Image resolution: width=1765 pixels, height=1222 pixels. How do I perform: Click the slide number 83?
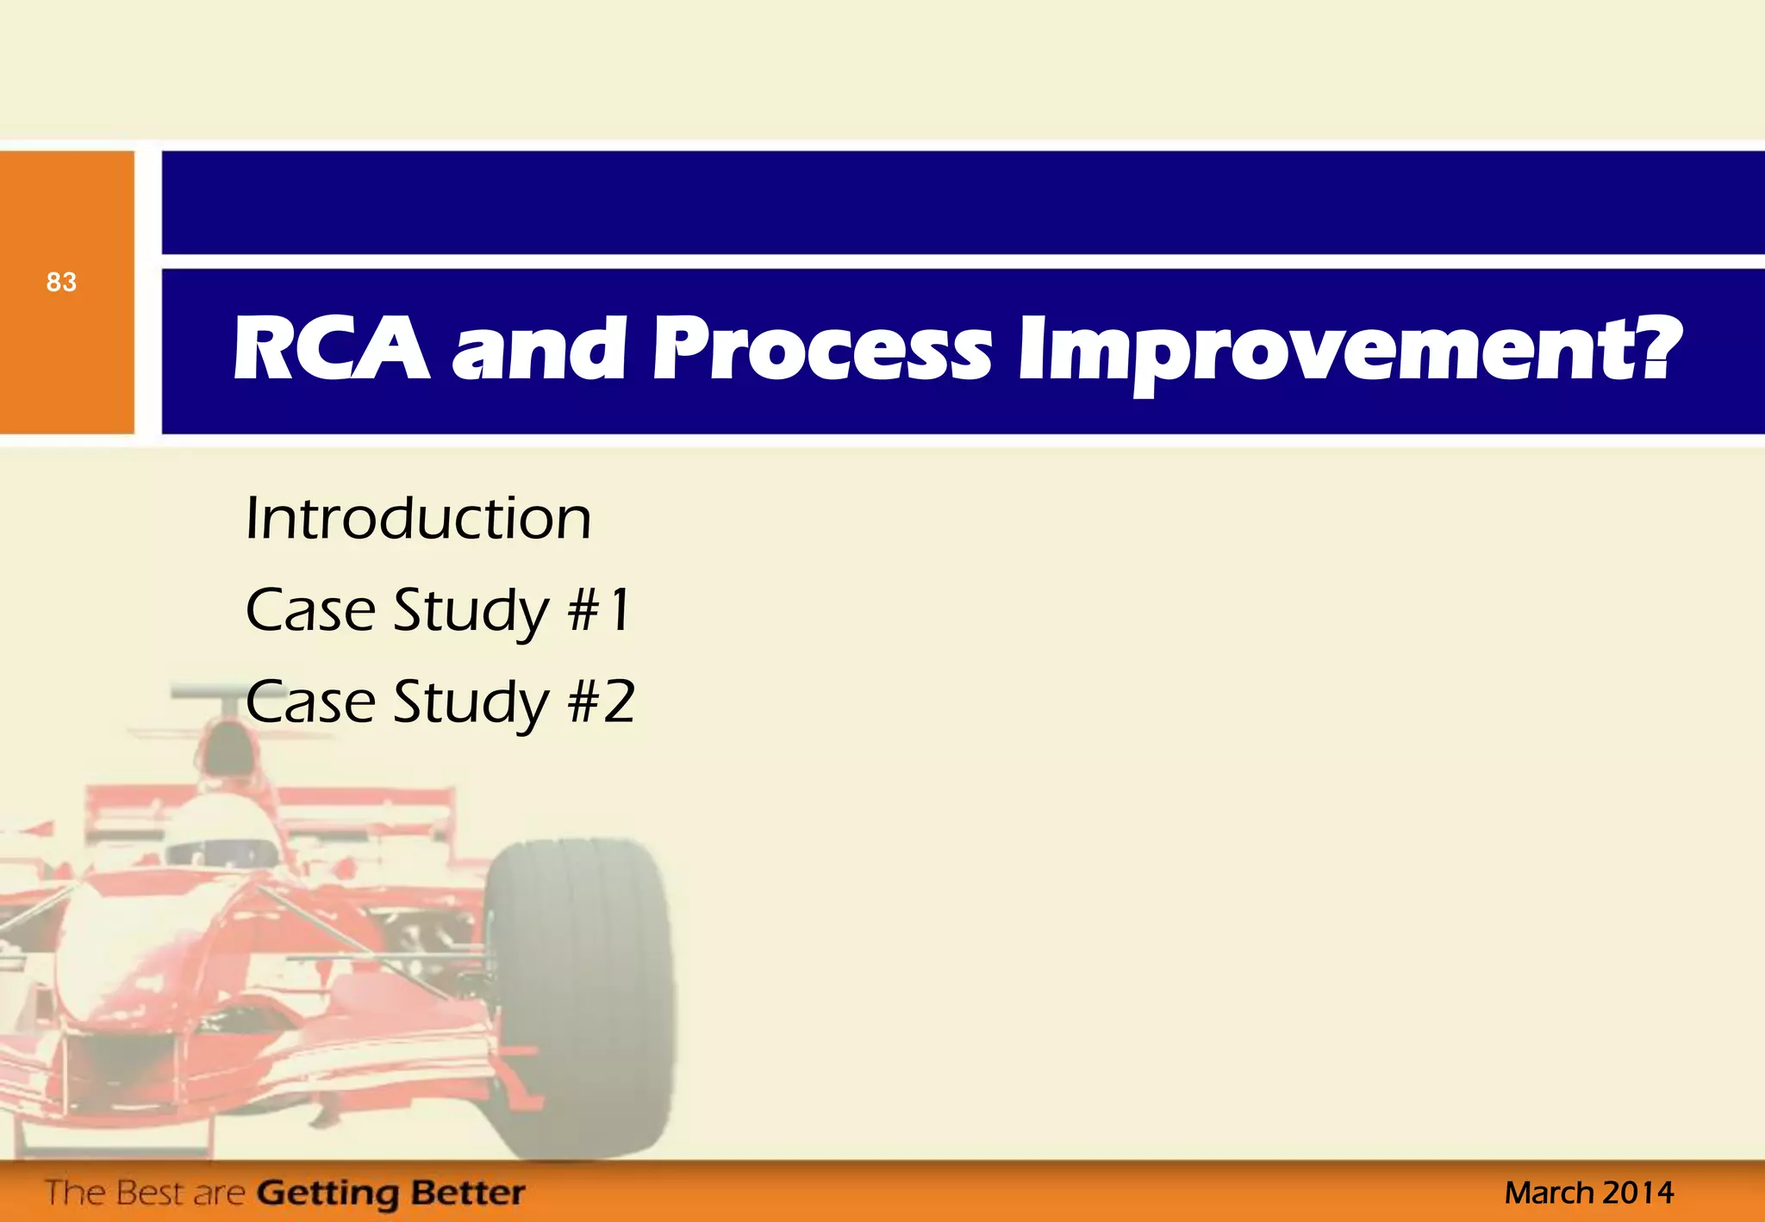[61, 282]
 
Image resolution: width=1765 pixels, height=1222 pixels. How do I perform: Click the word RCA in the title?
[331, 349]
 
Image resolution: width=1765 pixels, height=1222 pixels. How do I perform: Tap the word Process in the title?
[821, 349]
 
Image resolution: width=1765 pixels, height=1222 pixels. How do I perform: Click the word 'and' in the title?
[539, 349]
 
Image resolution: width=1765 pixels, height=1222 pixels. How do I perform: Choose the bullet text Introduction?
[418, 519]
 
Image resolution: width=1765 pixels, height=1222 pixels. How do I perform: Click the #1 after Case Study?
[600, 610]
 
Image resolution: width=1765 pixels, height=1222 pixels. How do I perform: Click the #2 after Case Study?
[602, 701]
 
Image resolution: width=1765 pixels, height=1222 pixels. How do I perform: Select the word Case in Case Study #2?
[310, 701]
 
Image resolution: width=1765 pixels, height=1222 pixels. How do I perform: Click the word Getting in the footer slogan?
[327, 1194]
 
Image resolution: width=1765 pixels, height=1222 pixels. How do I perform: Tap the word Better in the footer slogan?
[467, 1193]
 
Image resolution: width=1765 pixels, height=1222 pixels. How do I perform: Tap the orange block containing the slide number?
[66, 362]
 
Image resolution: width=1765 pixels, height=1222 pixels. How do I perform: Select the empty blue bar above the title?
[963, 203]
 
